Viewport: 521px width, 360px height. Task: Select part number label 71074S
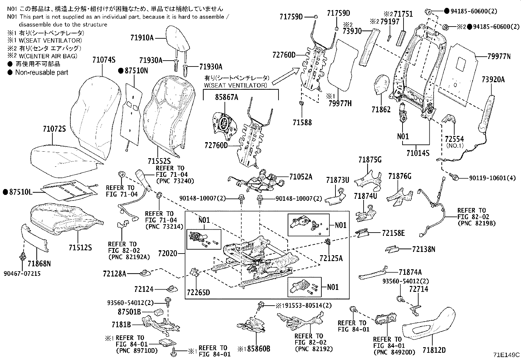click(104, 60)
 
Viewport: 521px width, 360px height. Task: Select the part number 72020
click(167, 253)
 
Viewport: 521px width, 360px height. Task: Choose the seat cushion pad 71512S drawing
click(65, 218)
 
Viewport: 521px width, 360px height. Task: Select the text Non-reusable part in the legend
click(42, 72)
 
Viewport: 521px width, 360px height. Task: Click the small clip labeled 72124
click(172, 289)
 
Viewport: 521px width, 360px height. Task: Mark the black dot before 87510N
click(120, 70)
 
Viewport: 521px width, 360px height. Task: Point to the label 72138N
click(423, 249)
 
